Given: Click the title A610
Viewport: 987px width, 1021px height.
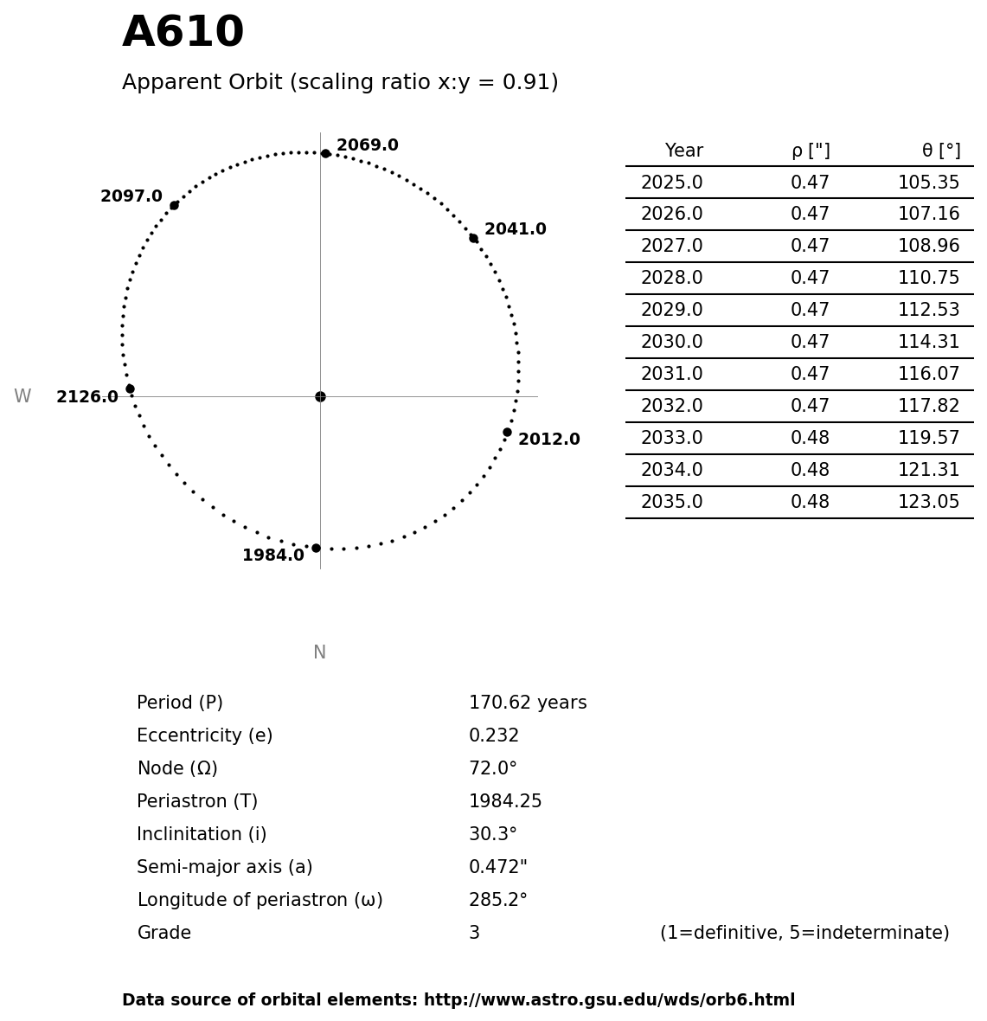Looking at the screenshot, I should click(x=183, y=34).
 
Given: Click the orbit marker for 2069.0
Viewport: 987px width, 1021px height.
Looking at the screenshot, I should click(x=325, y=153).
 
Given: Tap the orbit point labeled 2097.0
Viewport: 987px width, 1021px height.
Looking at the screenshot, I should click(x=174, y=205).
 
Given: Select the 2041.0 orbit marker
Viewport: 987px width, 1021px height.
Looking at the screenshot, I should click(x=473, y=238).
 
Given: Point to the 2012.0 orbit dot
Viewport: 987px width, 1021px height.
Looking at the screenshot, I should click(x=507, y=432).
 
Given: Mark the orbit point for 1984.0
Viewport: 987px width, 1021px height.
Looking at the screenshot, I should click(x=316, y=548).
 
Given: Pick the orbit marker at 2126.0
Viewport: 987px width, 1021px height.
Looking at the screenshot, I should click(x=130, y=388).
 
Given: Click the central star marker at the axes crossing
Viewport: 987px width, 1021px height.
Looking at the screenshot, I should click(x=320, y=396).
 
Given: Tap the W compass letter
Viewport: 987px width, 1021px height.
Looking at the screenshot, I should click(x=22, y=397).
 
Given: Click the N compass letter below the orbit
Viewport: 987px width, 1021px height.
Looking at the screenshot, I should click(x=319, y=653).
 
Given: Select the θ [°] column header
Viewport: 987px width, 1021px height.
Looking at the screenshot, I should click(x=940, y=151).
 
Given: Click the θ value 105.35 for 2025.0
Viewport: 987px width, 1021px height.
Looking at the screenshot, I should click(x=928, y=183).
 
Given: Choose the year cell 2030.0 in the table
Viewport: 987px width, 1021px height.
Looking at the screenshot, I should click(x=671, y=343).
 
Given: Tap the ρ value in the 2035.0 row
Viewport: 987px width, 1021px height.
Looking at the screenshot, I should click(x=810, y=503).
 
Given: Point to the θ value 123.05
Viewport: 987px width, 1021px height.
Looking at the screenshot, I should click(x=928, y=503).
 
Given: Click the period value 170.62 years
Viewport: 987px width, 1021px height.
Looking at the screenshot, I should click(x=528, y=703).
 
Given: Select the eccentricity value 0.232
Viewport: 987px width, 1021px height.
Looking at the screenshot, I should click(x=494, y=736).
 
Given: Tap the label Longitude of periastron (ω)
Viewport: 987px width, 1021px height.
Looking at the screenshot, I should click(x=260, y=901).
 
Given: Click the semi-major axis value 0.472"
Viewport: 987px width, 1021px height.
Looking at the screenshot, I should click(x=497, y=868).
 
